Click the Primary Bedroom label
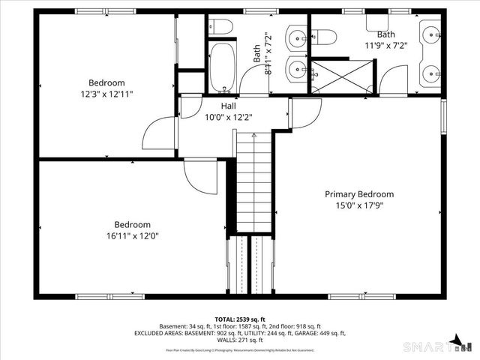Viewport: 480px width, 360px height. click(358, 194)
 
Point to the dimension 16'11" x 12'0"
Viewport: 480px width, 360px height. click(132, 235)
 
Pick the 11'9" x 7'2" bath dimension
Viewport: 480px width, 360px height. click(385, 45)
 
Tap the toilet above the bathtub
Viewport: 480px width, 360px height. click(221, 27)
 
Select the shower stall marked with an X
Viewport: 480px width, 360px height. click(341, 76)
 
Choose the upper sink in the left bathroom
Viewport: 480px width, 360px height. click(296, 36)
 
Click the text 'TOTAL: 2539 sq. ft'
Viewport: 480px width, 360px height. click(240, 319)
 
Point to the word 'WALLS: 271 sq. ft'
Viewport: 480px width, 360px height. click(240, 341)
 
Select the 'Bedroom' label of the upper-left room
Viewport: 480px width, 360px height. click(106, 82)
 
